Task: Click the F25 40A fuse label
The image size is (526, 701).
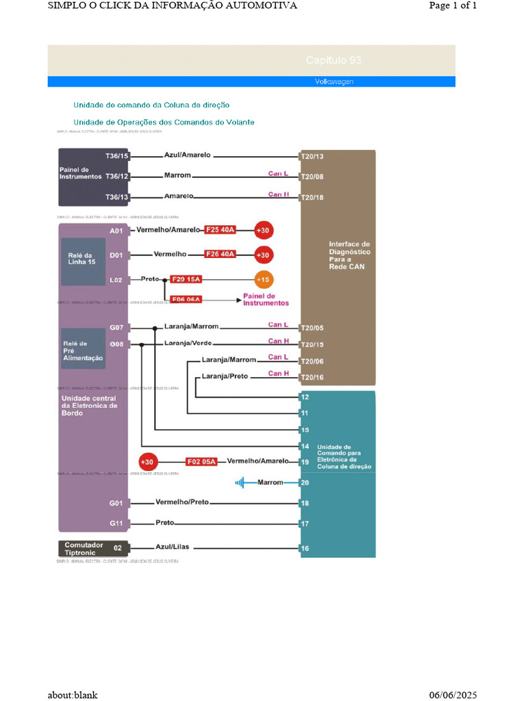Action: click(x=221, y=230)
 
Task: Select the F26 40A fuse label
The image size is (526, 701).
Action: click(x=221, y=254)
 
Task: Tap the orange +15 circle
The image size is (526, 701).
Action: click(x=263, y=279)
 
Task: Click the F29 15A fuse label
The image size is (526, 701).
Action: click(x=186, y=279)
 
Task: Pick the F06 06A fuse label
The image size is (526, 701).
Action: click(x=186, y=299)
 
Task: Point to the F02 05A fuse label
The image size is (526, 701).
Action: click(x=201, y=462)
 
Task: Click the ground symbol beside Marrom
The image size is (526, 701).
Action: click(x=240, y=483)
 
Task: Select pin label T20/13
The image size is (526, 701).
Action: click(x=312, y=157)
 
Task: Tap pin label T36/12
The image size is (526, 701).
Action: click(x=117, y=176)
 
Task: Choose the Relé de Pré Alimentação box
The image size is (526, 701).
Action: click(x=83, y=349)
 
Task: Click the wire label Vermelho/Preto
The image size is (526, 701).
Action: click(x=181, y=502)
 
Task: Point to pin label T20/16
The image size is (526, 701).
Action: click(x=312, y=377)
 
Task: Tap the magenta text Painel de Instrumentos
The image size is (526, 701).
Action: click(x=266, y=299)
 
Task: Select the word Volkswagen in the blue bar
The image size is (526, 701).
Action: click(x=334, y=82)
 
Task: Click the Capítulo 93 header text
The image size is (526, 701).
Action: click(x=334, y=61)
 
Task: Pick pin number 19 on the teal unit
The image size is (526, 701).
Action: click(x=305, y=463)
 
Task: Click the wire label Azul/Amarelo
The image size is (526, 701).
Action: click(x=188, y=155)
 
